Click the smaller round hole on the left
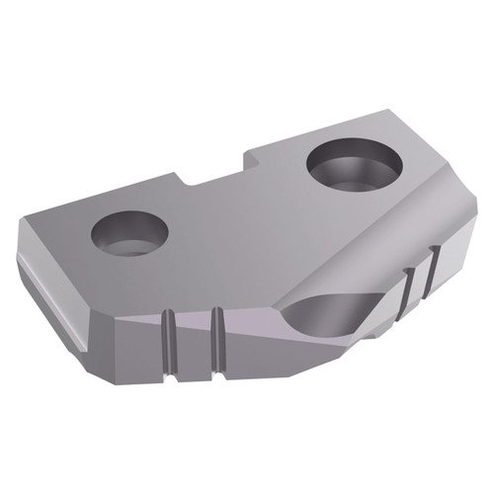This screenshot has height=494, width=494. (x=129, y=233)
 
